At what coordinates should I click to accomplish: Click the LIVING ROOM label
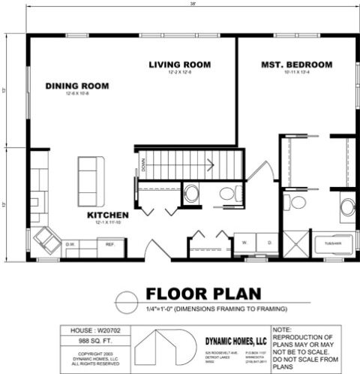click(179, 64)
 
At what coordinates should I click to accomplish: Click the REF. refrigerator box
click(109, 244)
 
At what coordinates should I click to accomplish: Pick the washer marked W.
click(244, 243)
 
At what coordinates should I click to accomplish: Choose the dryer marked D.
click(268, 243)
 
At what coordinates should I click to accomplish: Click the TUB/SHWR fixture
click(332, 243)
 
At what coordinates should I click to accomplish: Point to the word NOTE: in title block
click(283, 330)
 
